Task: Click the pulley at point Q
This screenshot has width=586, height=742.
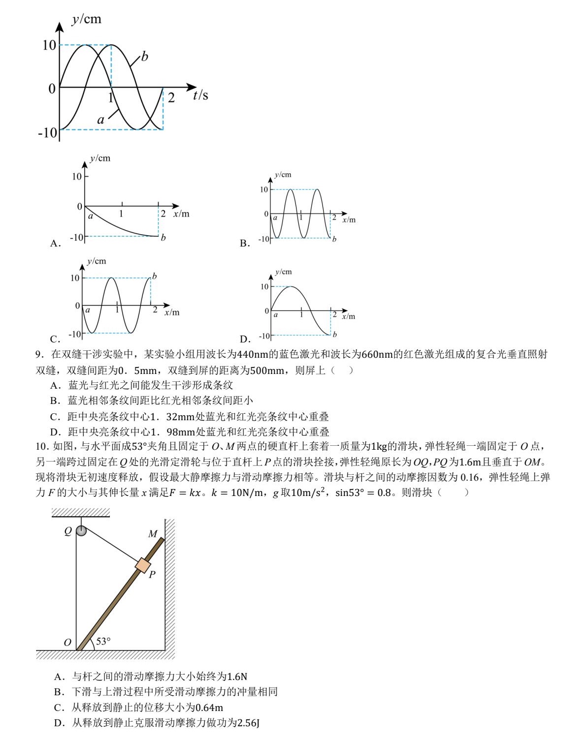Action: coord(81,530)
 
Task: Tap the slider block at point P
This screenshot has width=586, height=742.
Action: coord(143,565)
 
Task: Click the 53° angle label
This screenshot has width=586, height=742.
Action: coord(103,641)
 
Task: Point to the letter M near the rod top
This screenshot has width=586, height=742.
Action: coord(153,534)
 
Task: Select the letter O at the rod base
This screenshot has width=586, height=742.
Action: coord(67,642)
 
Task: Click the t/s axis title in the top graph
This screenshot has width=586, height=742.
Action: coord(200,95)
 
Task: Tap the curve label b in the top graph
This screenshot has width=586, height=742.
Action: coord(144,57)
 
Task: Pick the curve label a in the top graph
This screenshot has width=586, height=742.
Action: coord(100,120)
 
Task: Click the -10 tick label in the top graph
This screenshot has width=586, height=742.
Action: coord(48,132)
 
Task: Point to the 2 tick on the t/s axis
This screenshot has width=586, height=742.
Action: coord(171,97)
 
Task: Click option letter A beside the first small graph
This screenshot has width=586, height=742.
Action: coord(55,243)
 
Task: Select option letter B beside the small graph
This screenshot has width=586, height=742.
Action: coord(244,243)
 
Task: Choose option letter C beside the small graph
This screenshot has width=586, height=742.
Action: coord(55,339)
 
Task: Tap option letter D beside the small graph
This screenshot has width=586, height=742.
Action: coord(245,339)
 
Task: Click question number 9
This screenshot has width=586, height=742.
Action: coord(39,354)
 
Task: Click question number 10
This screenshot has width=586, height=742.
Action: coord(42,446)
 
